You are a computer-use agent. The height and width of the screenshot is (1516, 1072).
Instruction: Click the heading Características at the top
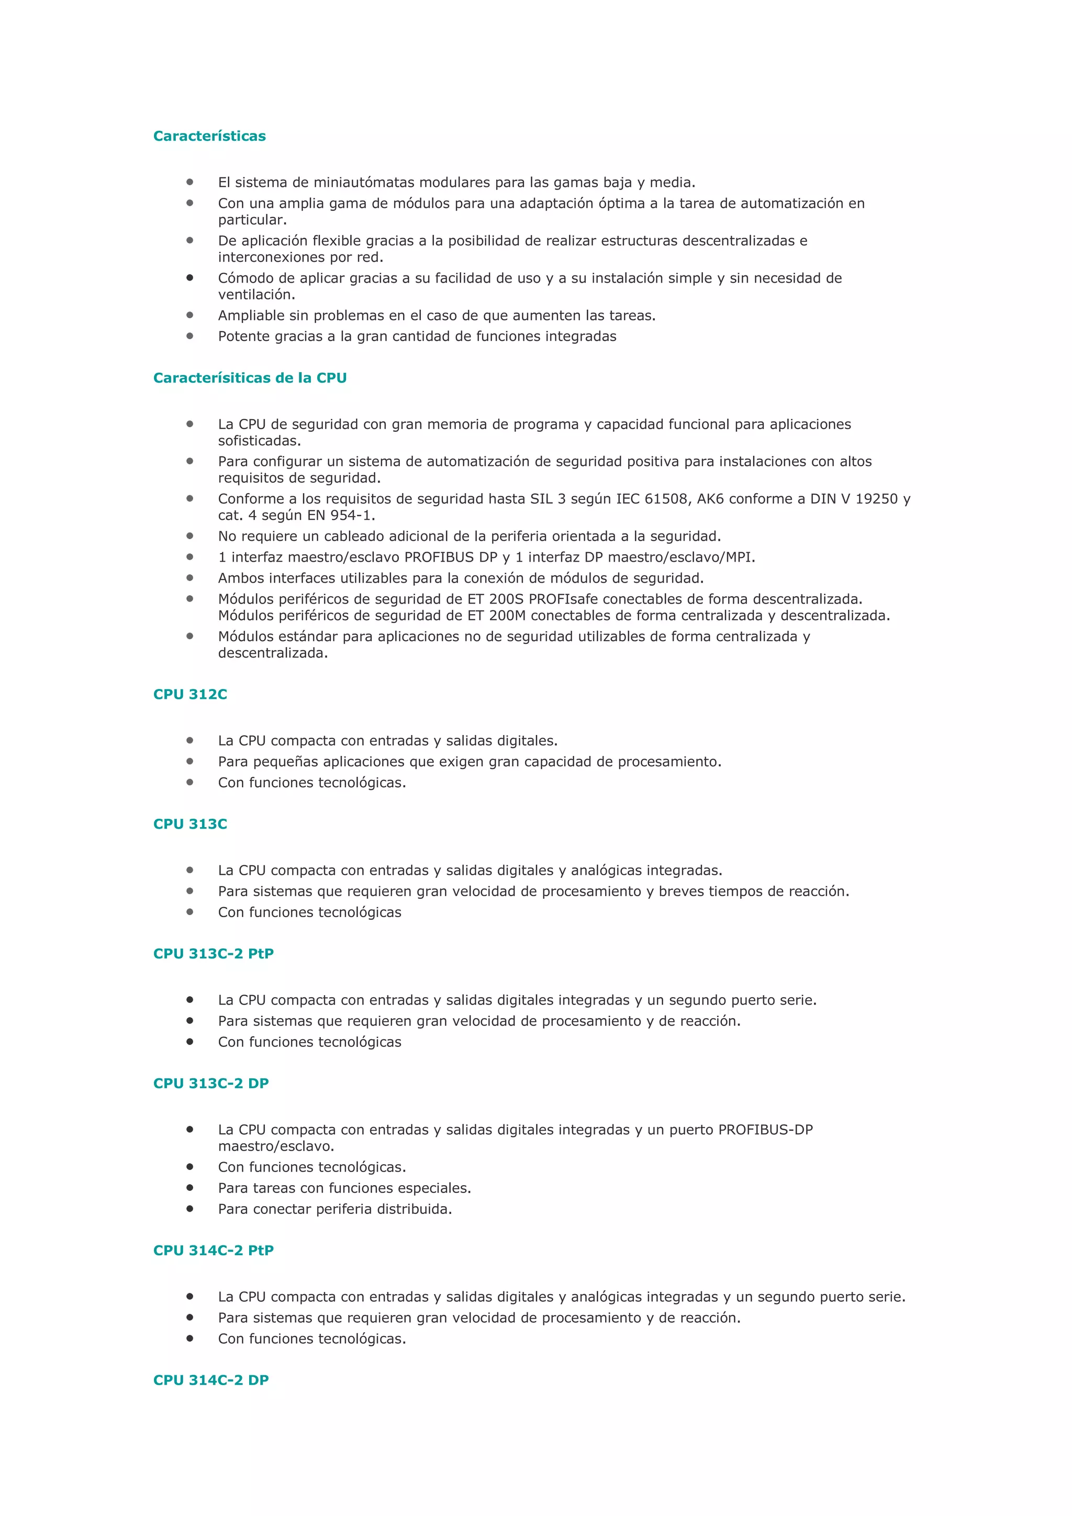coord(209,136)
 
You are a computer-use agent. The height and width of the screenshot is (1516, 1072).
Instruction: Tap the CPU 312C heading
coord(190,694)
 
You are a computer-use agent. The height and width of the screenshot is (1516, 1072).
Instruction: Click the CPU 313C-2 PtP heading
coord(213,953)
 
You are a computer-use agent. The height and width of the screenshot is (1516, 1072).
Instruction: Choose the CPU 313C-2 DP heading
coord(210,1083)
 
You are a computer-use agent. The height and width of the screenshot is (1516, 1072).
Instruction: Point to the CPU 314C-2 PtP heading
coord(213,1250)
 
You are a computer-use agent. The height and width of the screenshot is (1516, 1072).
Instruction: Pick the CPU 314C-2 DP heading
coord(210,1380)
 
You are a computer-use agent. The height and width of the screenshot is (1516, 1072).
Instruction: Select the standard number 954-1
coord(352,515)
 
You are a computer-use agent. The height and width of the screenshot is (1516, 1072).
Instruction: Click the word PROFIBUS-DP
coord(765,1130)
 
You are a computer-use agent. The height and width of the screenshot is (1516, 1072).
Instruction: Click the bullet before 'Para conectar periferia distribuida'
coord(189,1208)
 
